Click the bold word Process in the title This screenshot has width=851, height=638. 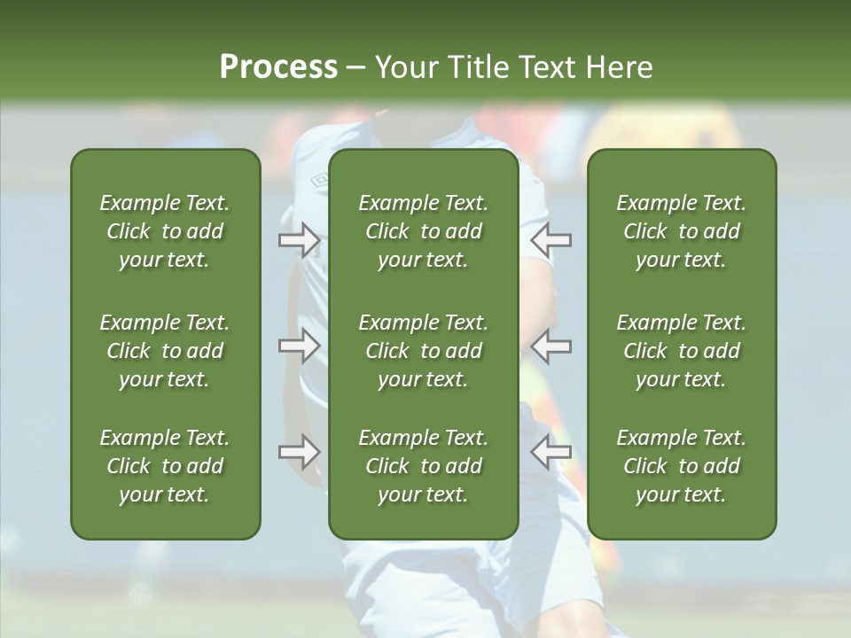tap(278, 67)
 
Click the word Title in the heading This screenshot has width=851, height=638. tap(478, 67)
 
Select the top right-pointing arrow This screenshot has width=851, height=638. tap(299, 240)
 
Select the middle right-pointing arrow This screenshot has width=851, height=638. tap(299, 346)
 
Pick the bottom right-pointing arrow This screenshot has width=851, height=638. tap(299, 452)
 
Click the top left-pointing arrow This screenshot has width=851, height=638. tap(551, 240)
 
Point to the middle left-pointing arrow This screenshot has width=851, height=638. tap(551, 346)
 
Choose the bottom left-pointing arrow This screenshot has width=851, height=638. tap(551, 452)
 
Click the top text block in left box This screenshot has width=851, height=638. tap(165, 231)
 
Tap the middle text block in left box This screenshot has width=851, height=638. tap(165, 351)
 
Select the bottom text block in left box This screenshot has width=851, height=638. tap(165, 466)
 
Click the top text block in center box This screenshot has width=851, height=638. tap(423, 231)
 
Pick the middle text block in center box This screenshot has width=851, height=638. tap(423, 351)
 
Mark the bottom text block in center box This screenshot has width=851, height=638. tap(423, 466)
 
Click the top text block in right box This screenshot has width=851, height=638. tap(681, 231)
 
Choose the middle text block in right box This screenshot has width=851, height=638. tap(681, 351)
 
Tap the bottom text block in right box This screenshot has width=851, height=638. tap(681, 466)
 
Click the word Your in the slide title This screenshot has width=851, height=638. tap(406, 67)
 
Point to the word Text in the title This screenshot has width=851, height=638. tap(547, 67)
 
